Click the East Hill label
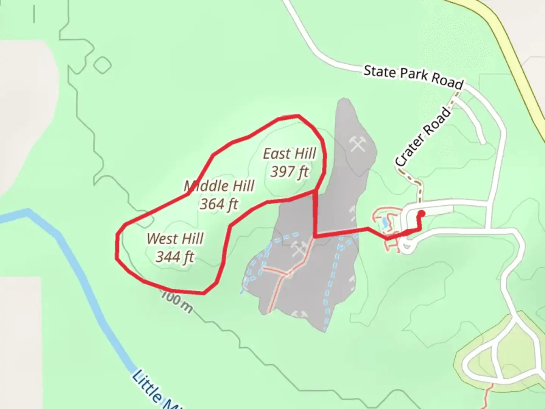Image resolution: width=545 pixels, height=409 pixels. coord(290,154)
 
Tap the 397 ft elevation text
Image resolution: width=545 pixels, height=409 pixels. coord(290,172)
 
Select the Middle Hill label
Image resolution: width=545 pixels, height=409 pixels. coord(219,186)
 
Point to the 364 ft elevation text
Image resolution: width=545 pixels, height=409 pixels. coord(219,204)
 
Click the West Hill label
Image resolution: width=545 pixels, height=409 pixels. coord(175,239)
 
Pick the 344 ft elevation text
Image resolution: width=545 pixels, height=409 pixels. coord(175,257)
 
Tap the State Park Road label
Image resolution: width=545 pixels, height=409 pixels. coord(413,77)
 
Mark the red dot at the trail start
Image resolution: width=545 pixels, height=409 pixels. coord(421,214)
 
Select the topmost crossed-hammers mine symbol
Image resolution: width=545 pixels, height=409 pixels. coord(358,144)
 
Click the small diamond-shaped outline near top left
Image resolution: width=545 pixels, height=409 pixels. coord(102,65)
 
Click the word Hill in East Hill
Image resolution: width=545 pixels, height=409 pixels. coord(304,154)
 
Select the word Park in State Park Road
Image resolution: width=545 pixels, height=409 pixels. coord(415,75)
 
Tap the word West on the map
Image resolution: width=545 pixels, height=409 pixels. coord(161,239)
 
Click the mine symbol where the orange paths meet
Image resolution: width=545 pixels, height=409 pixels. coord(301,248)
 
